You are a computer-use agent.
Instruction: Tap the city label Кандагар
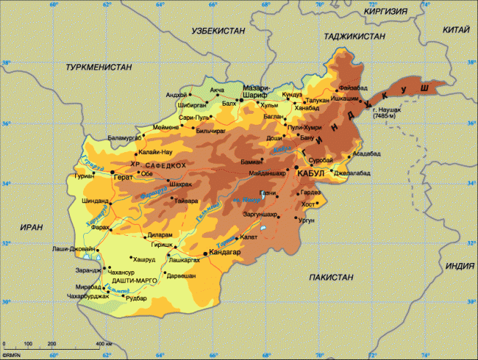[226, 252]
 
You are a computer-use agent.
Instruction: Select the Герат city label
[122, 178]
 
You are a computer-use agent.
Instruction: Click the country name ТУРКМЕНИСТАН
[99, 67]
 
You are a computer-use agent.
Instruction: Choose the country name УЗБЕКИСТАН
[218, 32]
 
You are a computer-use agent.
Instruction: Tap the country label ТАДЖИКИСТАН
[353, 35]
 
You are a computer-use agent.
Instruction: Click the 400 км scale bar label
[101, 344]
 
